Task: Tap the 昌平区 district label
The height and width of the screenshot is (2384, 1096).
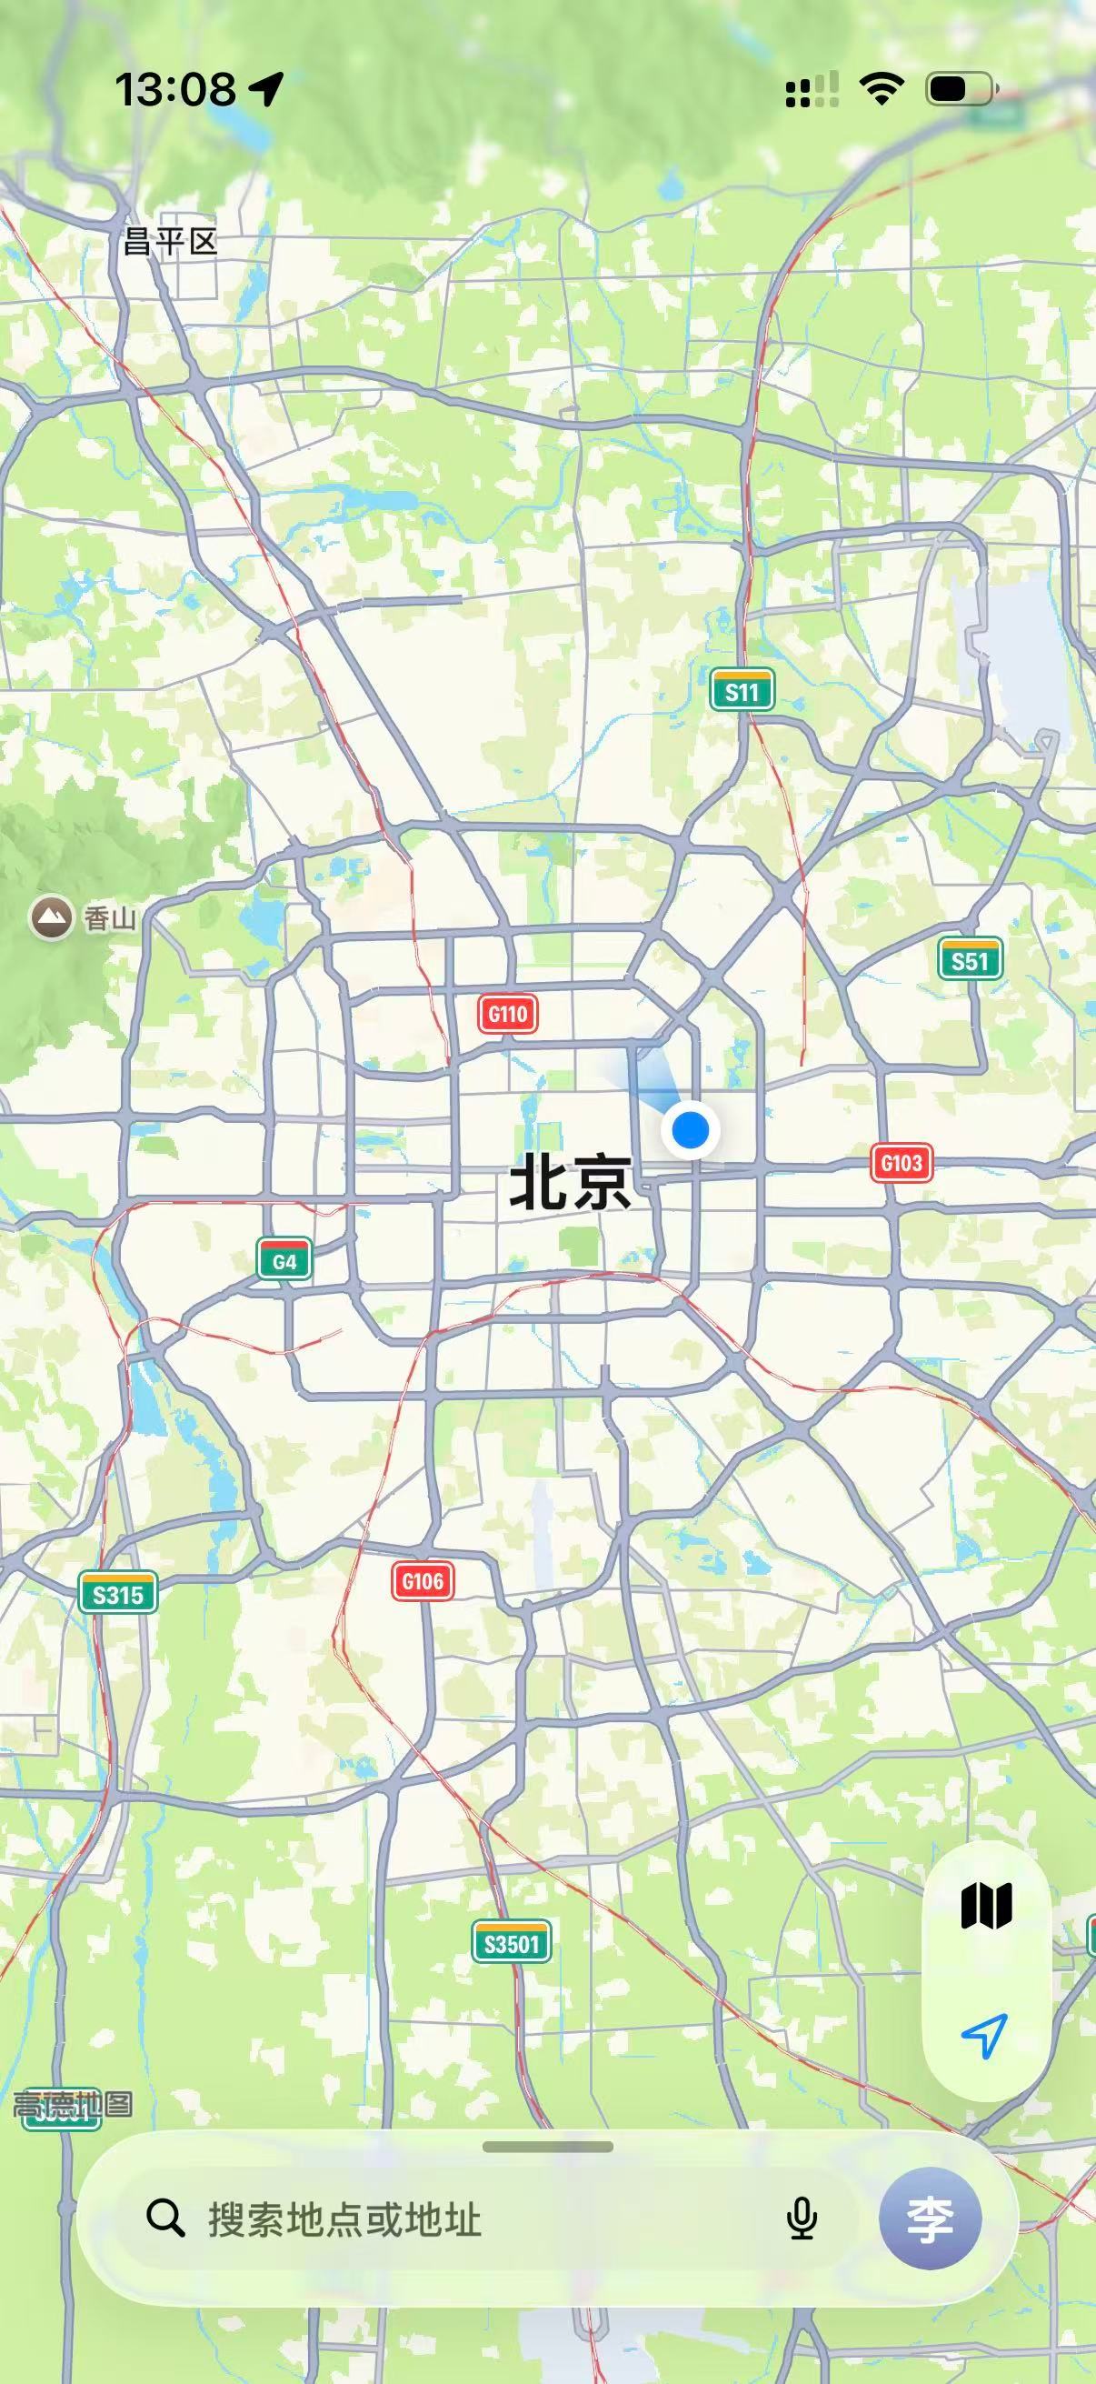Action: pos(170,243)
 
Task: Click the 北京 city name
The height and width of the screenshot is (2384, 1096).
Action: pos(571,1183)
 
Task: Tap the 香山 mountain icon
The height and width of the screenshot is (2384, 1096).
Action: pos(52,918)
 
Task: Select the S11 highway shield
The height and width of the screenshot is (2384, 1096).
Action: pos(742,690)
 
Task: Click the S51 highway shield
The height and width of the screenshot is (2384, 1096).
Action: pos(970,960)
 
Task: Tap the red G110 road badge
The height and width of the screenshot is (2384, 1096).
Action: pos(508,1015)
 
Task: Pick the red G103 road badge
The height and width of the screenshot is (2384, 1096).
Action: pos(902,1162)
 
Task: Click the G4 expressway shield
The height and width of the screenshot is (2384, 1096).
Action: pos(284,1260)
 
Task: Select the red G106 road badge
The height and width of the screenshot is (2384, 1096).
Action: pos(423,1580)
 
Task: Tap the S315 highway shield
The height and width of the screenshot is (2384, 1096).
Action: pos(117,1594)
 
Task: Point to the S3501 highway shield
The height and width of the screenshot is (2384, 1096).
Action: pos(512,1942)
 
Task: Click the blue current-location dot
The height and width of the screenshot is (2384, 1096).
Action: pos(690,1130)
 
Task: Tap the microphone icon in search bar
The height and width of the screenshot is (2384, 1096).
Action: pos(802,2219)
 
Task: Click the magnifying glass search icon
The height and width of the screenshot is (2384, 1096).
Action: pos(165,2219)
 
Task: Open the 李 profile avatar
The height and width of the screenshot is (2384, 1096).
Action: pos(930,2219)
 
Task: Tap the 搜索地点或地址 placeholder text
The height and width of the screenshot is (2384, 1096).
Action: pos(345,2220)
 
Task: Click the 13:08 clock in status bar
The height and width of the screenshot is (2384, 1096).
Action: pos(175,90)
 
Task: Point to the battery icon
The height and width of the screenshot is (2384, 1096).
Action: pos(961,89)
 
